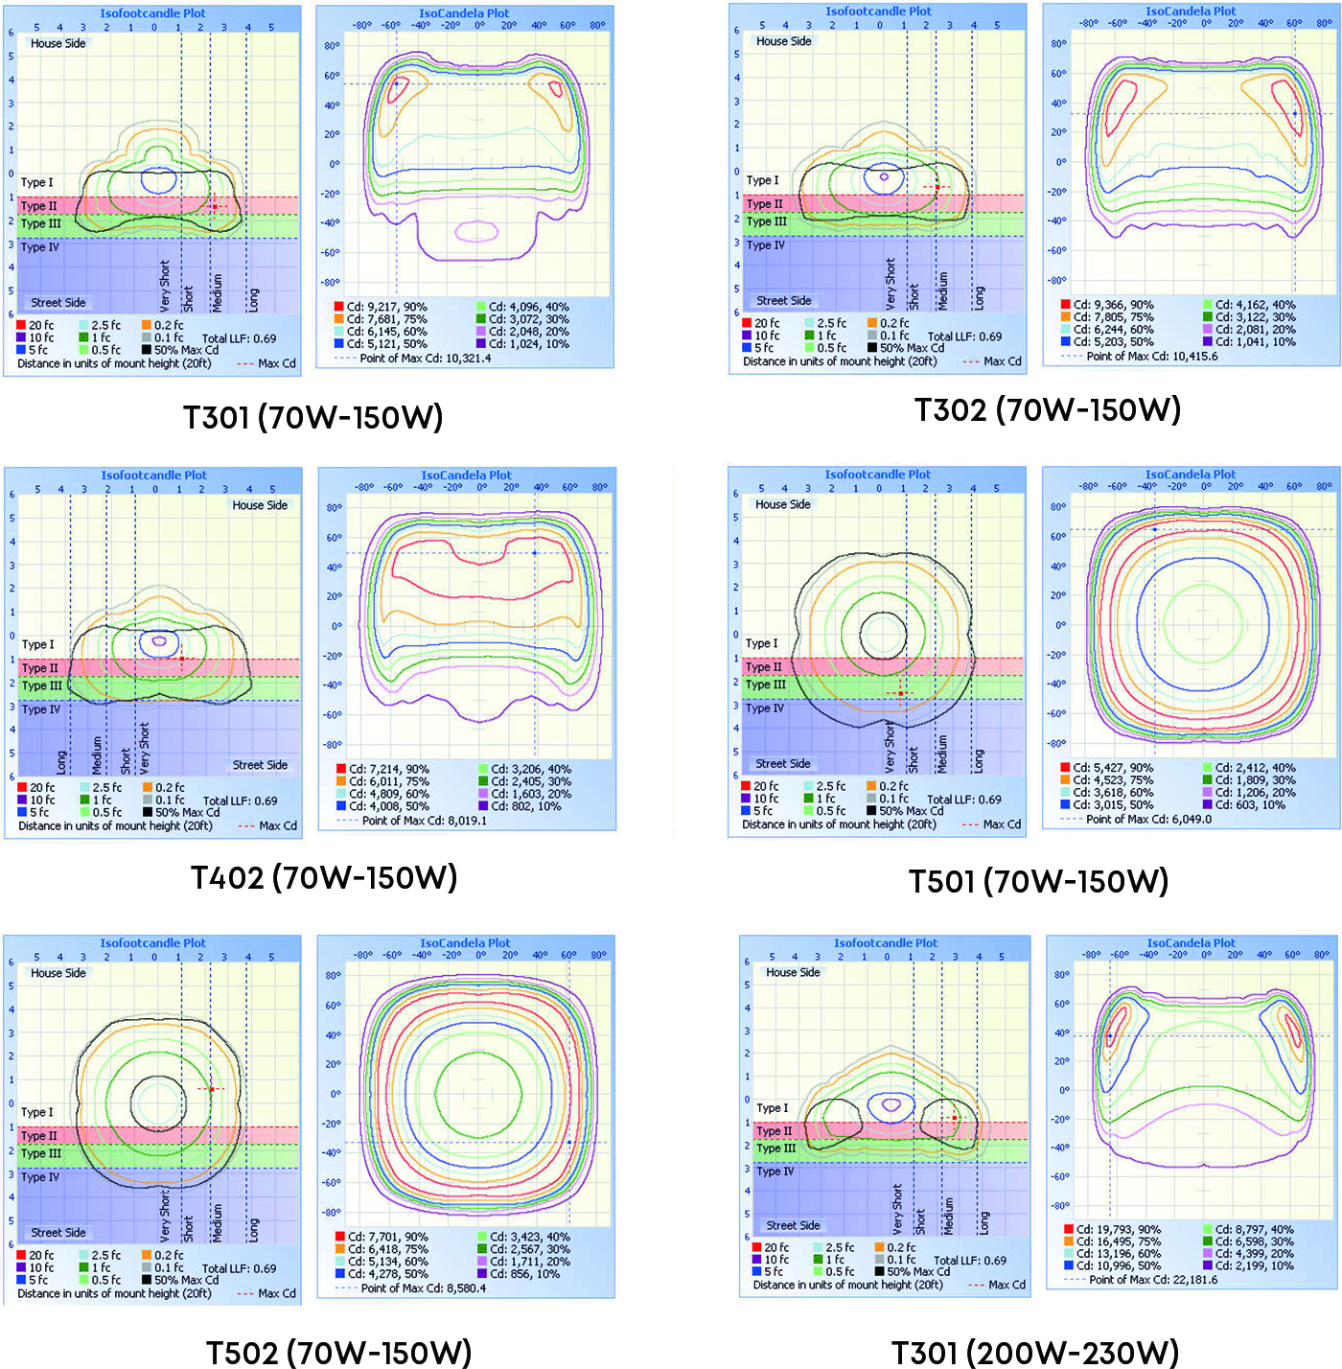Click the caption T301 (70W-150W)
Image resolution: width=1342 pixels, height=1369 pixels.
[x=312, y=417]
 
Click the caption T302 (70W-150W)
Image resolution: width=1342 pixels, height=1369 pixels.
[x=1047, y=409]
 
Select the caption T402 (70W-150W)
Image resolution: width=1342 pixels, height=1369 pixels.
[x=323, y=877]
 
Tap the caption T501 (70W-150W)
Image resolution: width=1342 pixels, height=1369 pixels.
[x=1038, y=881]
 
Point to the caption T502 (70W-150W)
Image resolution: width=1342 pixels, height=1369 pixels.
[x=338, y=1352]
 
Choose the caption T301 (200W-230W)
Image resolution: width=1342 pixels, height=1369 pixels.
[x=1034, y=1352]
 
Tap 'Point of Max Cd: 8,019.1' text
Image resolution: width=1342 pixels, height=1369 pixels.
[x=424, y=821]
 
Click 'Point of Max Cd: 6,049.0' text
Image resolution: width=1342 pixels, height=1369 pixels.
[x=1148, y=820]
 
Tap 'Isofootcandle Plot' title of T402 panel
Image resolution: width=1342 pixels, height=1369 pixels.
[x=153, y=476]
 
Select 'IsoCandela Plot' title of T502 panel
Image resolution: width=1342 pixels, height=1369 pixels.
[x=465, y=943]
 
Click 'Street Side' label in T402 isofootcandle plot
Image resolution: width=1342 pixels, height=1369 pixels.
[x=260, y=765]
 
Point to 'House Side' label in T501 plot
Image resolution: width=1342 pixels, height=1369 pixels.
[x=783, y=504]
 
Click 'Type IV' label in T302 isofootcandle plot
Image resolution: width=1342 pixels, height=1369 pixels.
[x=766, y=245]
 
